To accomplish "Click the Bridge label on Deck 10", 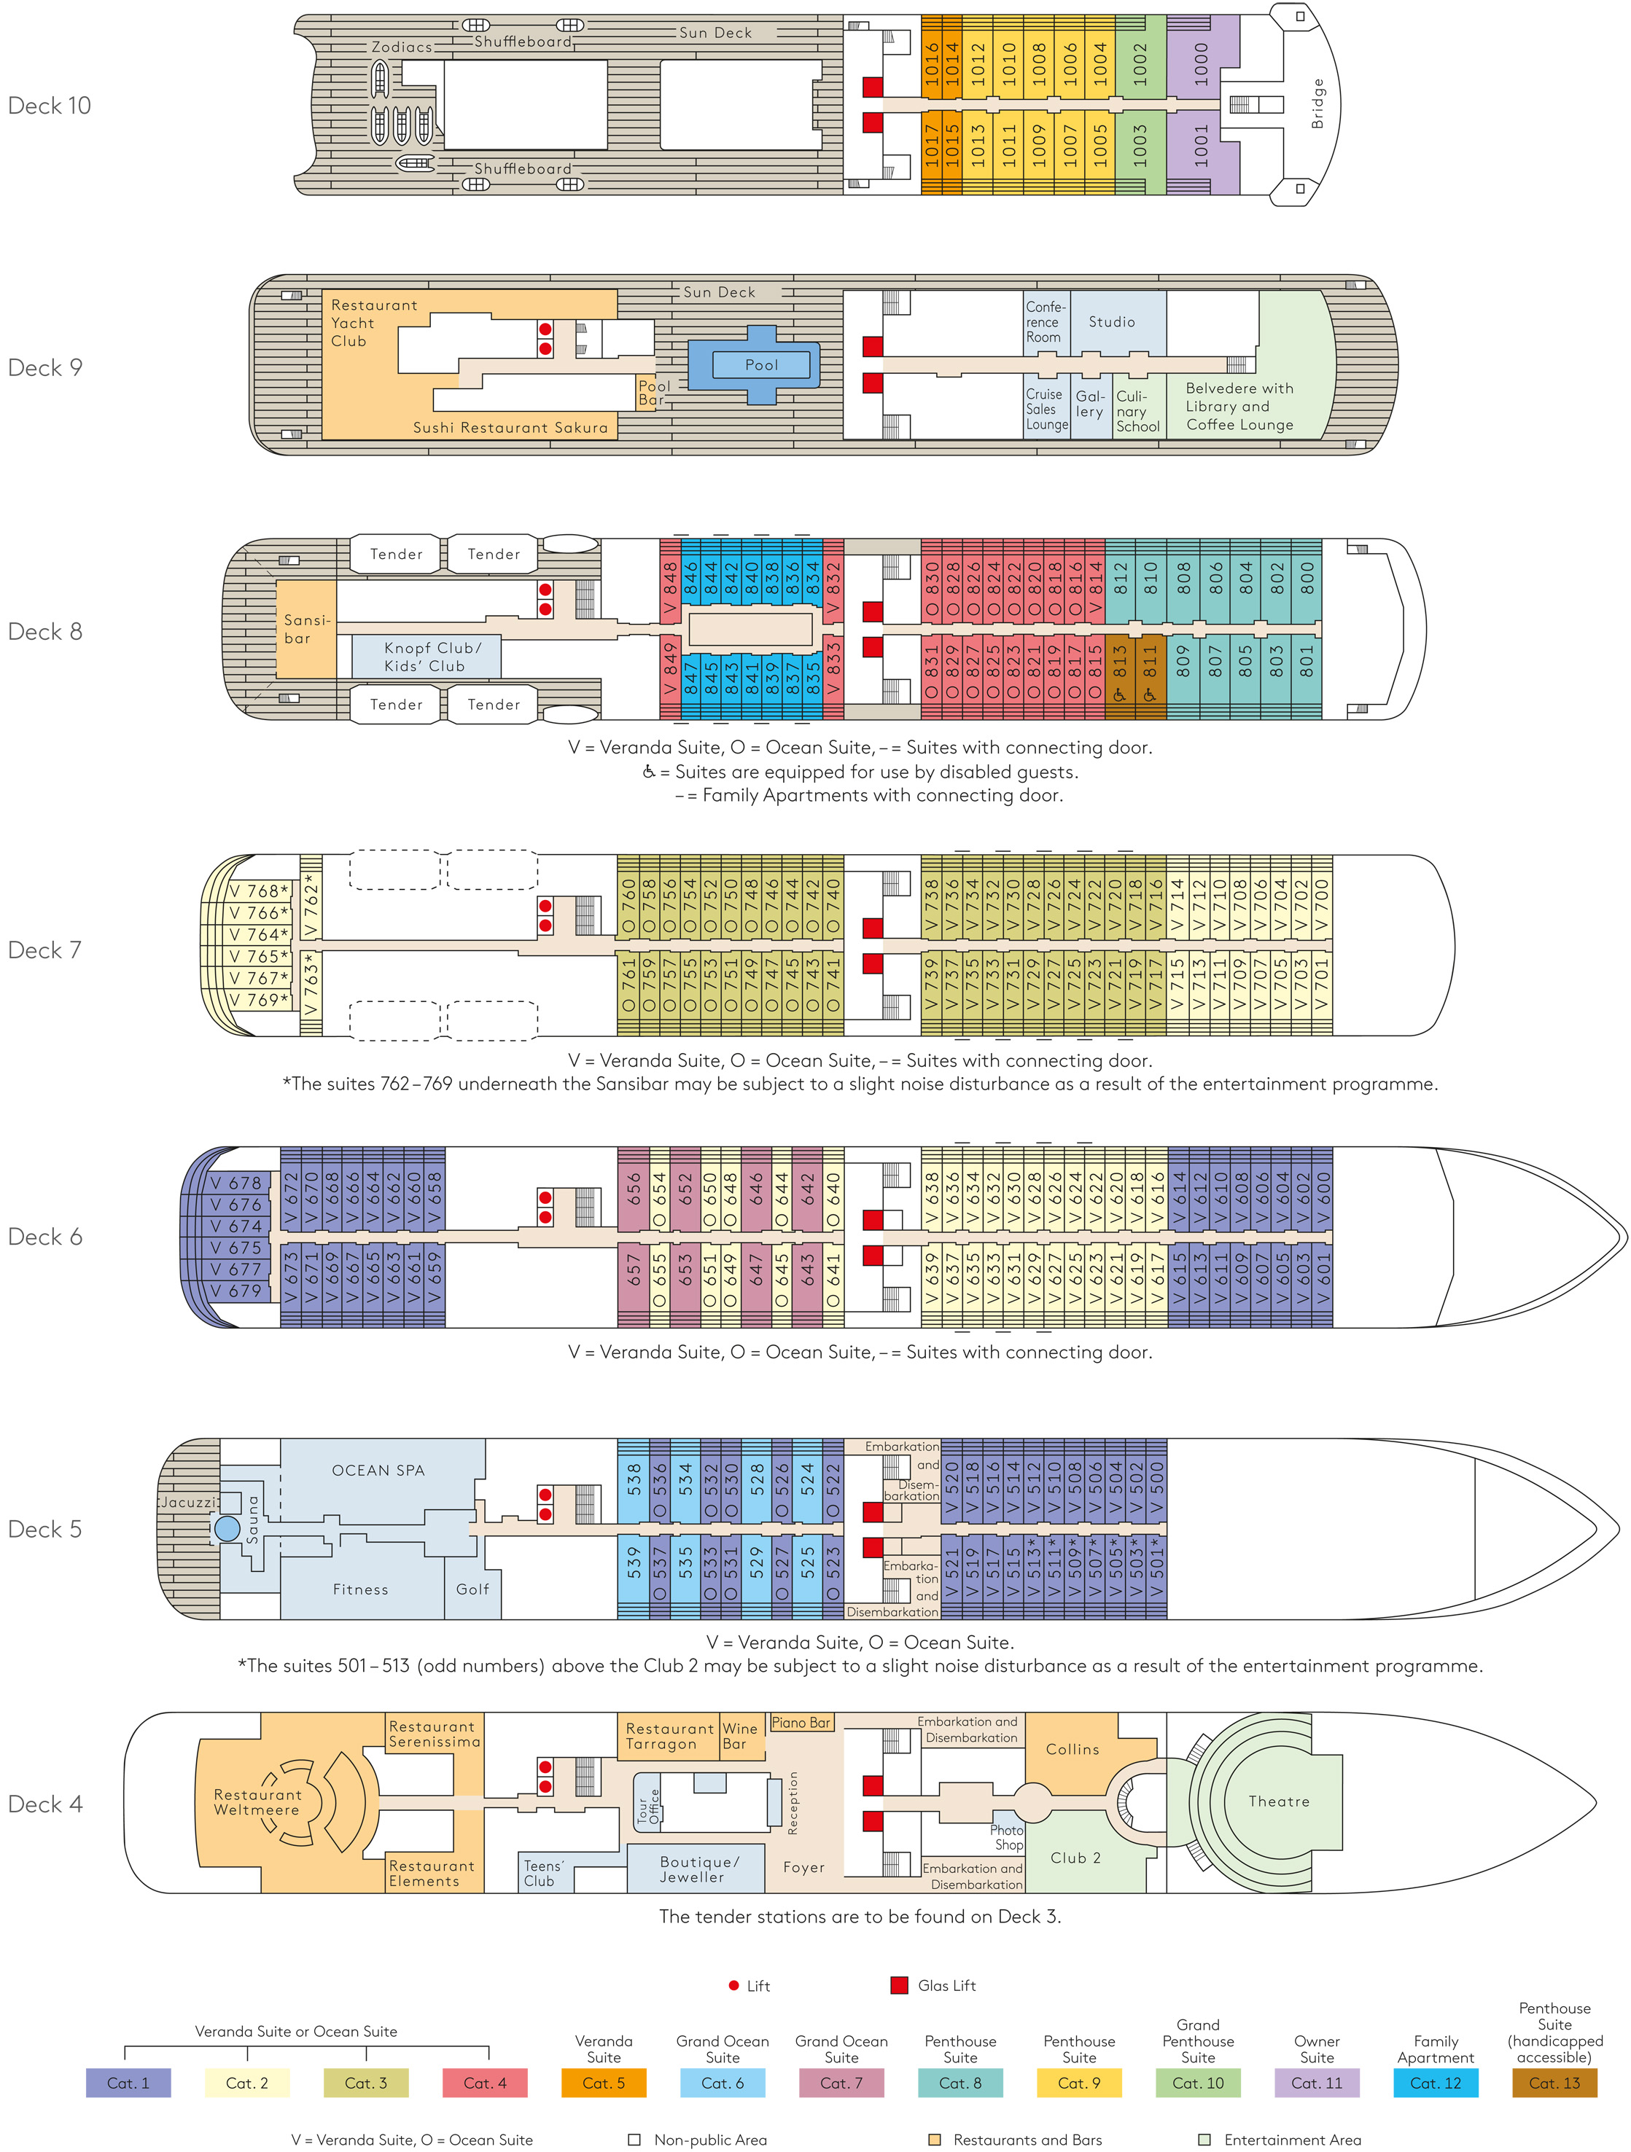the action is click(x=1317, y=104).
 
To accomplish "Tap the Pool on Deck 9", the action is click(x=761, y=365).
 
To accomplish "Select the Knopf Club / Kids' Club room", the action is click(x=427, y=657).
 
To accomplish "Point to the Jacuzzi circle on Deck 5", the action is click(x=227, y=1528).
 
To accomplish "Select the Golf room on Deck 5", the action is click(x=473, y=1589).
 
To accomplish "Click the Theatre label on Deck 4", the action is click(x=1279, y=1801).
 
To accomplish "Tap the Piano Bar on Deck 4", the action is click(x=801, y=1722).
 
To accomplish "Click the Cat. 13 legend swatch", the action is click(x=1554, y=2083).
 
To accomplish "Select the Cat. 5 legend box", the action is click(x=604, y=2083).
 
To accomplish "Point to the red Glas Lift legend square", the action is click(x=899, y=1986).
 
